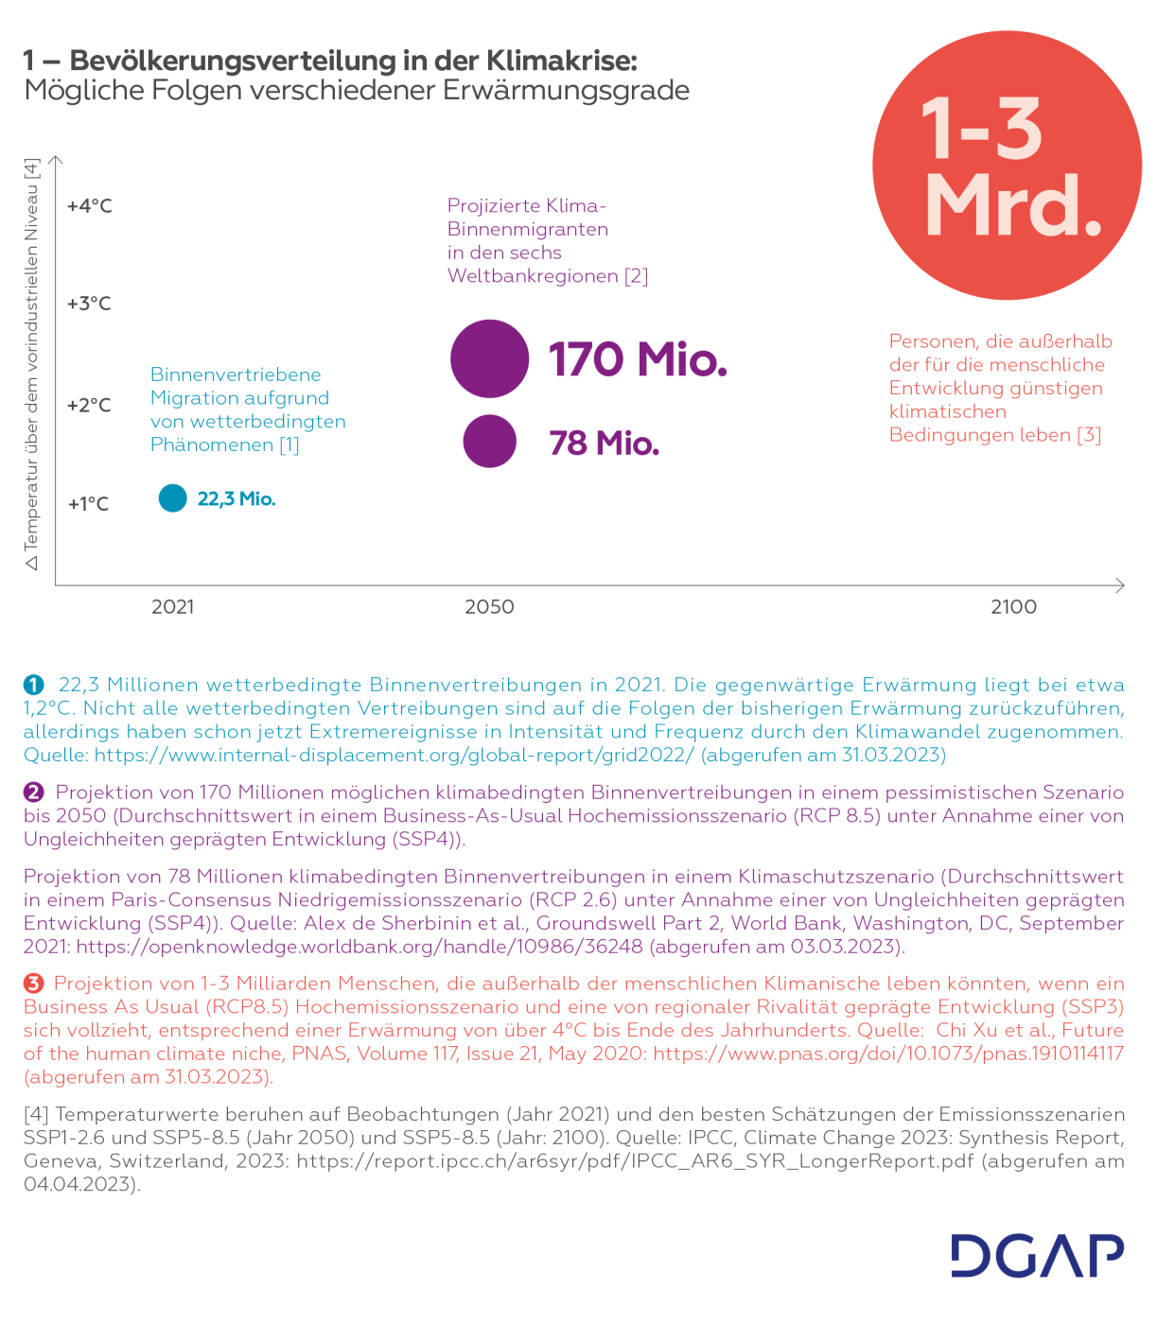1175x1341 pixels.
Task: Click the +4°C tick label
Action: coord(90,206)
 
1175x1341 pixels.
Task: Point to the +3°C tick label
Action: coord(89,304)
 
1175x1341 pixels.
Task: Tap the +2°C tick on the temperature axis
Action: coord(89,406)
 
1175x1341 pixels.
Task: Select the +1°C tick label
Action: coord(88,504)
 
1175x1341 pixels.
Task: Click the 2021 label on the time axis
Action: coord(172,607)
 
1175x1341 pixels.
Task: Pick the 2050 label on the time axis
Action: coord(489,607)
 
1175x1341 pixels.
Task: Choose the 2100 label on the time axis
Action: coord(1013,607)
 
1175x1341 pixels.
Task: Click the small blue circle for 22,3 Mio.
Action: coord(173,498)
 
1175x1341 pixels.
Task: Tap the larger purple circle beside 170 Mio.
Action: coord(489,358)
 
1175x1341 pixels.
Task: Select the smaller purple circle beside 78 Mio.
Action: coord(489,442)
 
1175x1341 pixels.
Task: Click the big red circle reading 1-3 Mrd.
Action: coord(1007,165)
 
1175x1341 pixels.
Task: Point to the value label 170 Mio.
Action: coord(638,359)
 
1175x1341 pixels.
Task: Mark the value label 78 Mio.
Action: coord(604,443)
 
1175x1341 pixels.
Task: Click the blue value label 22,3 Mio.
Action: coord(237,499)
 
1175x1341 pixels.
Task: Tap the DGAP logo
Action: coord(1037,1256)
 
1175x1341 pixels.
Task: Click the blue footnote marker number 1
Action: coord(34,685)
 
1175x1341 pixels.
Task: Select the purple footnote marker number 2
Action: coord(34,792)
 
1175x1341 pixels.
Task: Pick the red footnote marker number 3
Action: coord(34,984)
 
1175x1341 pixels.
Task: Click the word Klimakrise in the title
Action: coord(562,61)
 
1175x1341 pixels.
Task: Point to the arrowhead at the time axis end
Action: coord(1120,585)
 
